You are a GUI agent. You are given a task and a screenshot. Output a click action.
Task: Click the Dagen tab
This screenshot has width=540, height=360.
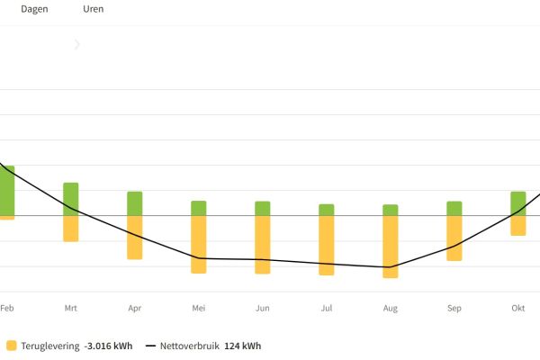[35, 9]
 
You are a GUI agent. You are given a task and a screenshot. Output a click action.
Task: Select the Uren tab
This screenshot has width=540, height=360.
[93, 9]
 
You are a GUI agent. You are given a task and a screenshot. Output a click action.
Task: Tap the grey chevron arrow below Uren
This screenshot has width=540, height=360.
[77, 44]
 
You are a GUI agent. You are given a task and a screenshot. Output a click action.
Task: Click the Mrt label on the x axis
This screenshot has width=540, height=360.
[71, 309]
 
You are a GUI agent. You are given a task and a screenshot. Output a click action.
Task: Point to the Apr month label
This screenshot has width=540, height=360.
[135, 309]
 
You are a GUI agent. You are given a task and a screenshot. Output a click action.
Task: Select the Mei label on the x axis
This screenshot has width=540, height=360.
[199, 309]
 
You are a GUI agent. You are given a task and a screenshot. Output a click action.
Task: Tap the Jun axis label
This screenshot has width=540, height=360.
[263, 309]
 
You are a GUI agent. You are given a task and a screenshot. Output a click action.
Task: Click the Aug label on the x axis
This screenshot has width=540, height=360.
[391, 309]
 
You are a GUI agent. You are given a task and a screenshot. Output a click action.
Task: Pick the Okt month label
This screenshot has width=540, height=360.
[518, 309]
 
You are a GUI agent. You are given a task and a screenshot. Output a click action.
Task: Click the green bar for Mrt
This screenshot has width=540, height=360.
[71, 199]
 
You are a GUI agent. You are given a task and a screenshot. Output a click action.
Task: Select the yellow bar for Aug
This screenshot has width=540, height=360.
[391, 247]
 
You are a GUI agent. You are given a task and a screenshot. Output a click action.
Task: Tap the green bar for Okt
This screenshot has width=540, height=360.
[518, 203]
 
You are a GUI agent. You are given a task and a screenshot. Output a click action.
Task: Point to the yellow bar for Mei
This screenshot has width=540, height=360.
[199, 244]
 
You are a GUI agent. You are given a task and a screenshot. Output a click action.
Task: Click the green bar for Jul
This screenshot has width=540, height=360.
[327, 210]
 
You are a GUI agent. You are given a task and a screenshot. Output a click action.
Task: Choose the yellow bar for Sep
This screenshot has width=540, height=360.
[454, 238]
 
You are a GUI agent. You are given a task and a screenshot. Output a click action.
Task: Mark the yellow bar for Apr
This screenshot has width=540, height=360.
[135, 238]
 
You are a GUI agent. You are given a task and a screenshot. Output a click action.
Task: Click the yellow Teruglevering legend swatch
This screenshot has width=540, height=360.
[11, 346]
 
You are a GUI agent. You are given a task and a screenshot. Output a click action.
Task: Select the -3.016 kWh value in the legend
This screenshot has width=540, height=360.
[108, 346]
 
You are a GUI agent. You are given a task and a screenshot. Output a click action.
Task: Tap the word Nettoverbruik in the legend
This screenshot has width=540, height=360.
[189, 346]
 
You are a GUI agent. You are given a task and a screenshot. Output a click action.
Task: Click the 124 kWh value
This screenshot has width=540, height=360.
[242, 346]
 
